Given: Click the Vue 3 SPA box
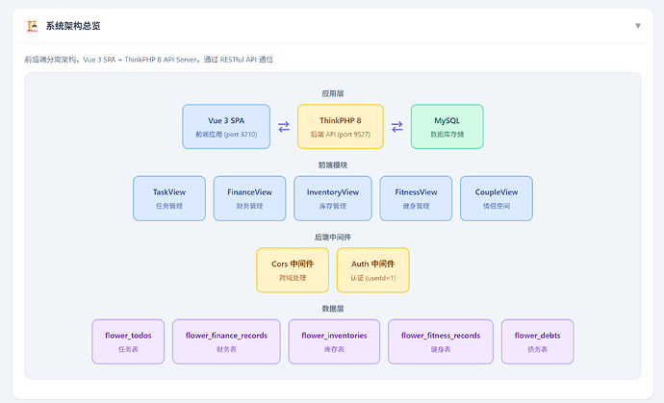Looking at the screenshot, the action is [226, 127].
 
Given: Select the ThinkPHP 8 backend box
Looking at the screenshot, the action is [341, 127].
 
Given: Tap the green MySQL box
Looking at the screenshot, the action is [447, 127].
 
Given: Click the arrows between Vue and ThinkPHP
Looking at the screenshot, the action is [284, 127].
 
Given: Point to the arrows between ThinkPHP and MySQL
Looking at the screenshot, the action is [397, 127].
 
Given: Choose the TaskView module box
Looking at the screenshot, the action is [169, 198].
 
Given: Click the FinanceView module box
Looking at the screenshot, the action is [249, 198].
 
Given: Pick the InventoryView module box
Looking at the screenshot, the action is [333, 198].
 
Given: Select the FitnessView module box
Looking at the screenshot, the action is [416, 198].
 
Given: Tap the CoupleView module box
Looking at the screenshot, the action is [497, 198].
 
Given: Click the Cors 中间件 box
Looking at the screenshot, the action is [293, 270].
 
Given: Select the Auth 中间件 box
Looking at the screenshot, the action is [373, 270].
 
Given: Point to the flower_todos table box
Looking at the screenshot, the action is [128, 341].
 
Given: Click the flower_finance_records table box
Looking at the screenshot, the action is [226, 341].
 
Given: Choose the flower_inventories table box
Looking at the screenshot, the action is [334, 341].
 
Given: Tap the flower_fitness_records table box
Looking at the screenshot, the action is [441, 341].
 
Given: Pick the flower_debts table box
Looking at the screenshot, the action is [537, 341].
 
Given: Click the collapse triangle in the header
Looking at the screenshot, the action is [638, 26].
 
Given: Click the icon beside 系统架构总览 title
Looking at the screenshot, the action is [32, 26].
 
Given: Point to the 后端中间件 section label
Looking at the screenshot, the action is [332, 237].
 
